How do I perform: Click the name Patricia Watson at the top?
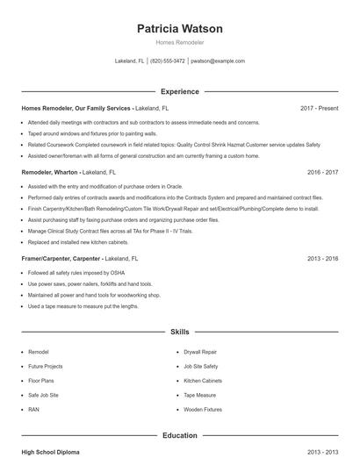click(x=179, y=29)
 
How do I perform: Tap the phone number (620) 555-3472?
click(x=167, y=61)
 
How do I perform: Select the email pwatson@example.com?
click(x=217, y=61)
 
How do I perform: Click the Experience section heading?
click(x=179, y=91)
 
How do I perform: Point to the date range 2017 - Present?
click(x=319, y=108)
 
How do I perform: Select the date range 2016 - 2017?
click(x=322, y=173)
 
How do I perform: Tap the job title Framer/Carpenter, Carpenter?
click(x=61, y=259)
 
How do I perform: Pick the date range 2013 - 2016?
click(x=322, y=259)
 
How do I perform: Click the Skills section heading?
click(x=179, y=333)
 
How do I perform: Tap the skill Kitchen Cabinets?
click(x=204, y=381)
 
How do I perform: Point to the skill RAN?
click(x=33, y=410)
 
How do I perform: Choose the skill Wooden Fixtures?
click(x=203, y=410)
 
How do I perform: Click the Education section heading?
click(x=179, y=435)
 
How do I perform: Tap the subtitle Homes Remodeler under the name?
click(x=179, y=42)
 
